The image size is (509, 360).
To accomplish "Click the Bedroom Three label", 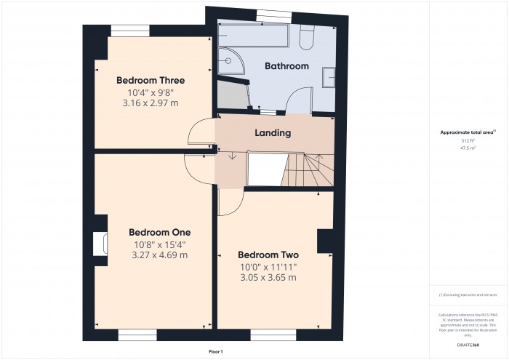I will [151, 80].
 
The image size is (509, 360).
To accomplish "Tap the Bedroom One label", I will [160, 232].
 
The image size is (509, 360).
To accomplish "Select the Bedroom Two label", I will [268, 255].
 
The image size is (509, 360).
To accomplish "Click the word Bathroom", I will [286, 66].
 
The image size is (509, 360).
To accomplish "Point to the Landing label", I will [273, 133].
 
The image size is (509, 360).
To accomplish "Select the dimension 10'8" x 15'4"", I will [160, 244].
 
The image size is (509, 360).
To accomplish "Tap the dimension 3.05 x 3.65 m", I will [268, 278].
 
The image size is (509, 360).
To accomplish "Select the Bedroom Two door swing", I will [228, 202].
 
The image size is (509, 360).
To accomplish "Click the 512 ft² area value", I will [468, 140].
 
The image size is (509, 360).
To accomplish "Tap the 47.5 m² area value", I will [468, 148].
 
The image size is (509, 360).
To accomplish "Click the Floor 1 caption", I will [215, 351].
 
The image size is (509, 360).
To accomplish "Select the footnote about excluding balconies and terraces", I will [468, 295].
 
